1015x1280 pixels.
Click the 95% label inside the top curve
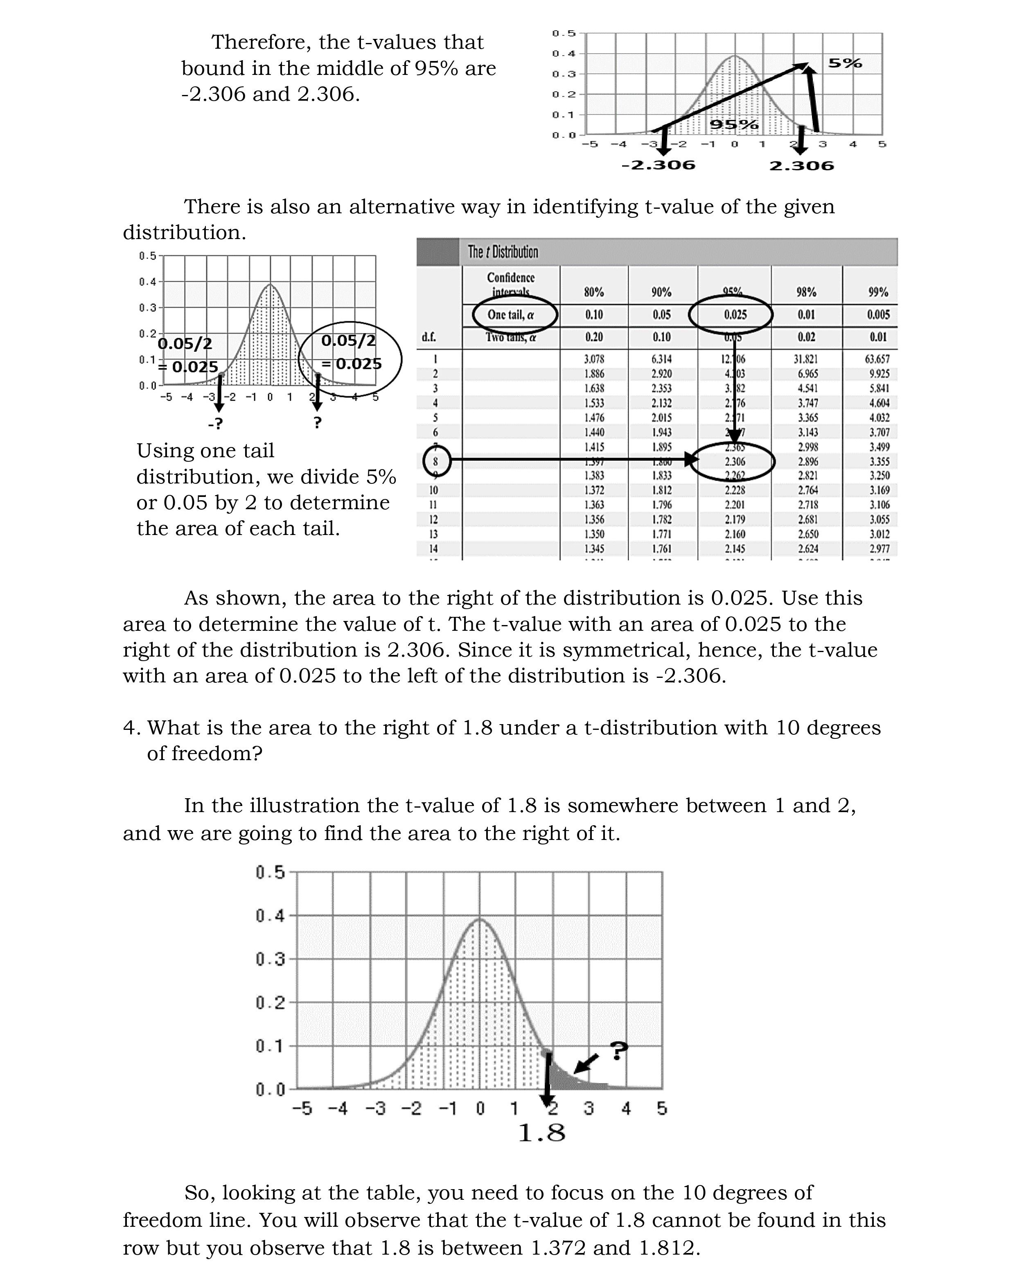(x=734, y=125)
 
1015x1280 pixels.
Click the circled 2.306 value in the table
(x=734, y=461)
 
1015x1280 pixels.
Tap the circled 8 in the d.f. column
(x=436, y=461)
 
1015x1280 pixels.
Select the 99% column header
(x=878, y=292)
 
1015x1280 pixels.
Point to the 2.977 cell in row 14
(x=879, y=549)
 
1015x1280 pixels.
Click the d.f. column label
(x=429, y=337)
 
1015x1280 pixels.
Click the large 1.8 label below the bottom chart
(x=541, y=1133)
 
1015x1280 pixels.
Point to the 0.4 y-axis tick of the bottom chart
(x=270, y=915)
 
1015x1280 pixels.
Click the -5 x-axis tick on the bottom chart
(x=302, y=1108)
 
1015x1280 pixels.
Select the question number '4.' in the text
(x=131, y=728)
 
